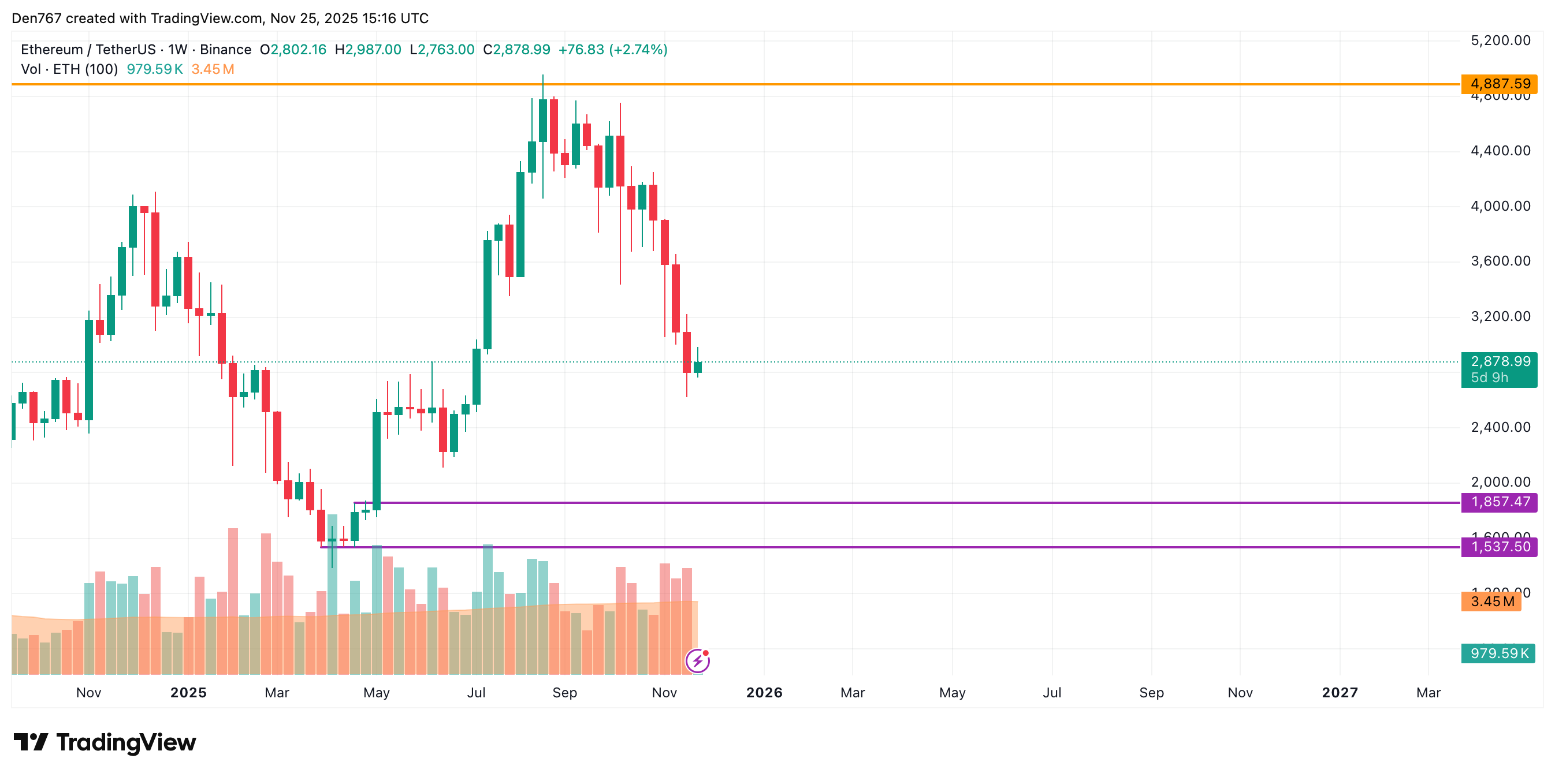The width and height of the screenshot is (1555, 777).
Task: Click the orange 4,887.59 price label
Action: coord(1499,84)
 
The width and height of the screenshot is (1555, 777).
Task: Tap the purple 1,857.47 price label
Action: coord(1499,502)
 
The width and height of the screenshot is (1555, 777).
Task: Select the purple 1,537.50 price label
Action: coord(1499,547)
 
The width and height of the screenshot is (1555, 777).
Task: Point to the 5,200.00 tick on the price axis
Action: coord(1500,40)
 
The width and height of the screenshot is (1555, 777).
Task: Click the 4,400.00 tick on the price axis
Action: coord(1500,151)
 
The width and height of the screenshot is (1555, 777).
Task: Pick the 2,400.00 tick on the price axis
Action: coord(1500,427)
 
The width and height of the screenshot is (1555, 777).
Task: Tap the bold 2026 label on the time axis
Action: coord(764,693)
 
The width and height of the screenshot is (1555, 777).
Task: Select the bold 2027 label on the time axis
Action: coord(1340,693)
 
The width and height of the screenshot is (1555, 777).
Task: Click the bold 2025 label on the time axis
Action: coord(188,693)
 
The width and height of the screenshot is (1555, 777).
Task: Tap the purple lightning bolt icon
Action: coord(697,661)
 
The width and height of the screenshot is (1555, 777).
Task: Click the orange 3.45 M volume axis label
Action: coord(1491,602)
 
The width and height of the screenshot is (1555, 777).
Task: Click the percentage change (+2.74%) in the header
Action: coord(638,50)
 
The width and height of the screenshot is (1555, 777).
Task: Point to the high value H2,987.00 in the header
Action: coord(367,50)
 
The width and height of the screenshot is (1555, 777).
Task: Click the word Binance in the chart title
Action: coord(225,50)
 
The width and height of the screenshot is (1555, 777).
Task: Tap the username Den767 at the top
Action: coord(36,18)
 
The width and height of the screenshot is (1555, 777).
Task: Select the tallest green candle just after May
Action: coord(377,461)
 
